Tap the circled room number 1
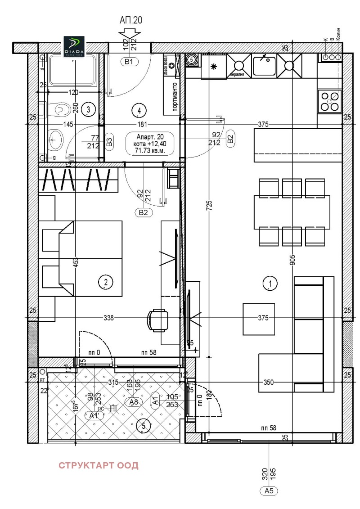270,284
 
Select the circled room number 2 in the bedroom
105,282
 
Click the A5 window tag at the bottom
269,491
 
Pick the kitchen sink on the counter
265,65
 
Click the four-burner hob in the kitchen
329,101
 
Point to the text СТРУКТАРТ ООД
99,465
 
